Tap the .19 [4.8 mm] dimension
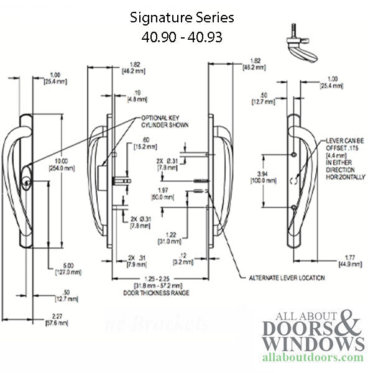[x=126, y=94]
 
